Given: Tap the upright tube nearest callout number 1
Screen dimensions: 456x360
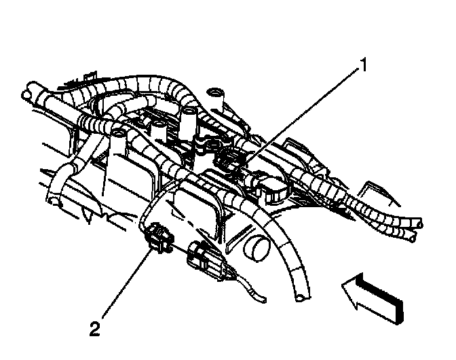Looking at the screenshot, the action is click(217, 94).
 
